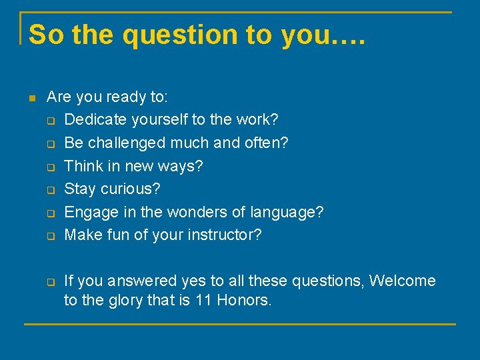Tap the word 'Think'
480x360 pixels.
(x=83, y=166)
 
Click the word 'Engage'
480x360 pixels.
(x=87, y=213)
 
